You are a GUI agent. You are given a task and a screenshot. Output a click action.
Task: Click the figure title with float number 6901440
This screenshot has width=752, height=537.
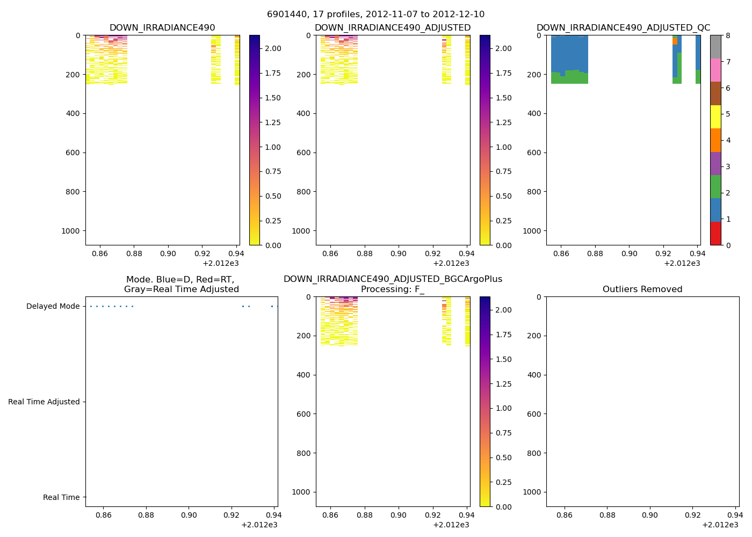[x=375, y=14]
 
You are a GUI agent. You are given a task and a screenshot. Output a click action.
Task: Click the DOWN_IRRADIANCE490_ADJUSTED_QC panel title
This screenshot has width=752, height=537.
[x=623, y=28]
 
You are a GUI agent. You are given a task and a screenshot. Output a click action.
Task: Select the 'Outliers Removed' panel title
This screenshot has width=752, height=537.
[x=642, y=289]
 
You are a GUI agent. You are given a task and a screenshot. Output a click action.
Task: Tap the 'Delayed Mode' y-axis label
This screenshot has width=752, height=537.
[x=53, y=307]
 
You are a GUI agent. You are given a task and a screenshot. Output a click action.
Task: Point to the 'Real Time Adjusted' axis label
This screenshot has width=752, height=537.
[x=44, y=402]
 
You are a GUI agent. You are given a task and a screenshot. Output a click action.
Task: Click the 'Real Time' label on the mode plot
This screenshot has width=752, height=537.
[x=61, y=497]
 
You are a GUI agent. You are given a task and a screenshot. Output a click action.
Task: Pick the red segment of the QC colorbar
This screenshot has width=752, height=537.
[x=715, y=234]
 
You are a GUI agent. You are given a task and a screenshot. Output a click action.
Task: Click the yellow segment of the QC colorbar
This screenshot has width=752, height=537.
[x=715, y=117]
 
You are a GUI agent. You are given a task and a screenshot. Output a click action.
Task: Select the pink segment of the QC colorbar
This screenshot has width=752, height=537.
[x=715, y=70]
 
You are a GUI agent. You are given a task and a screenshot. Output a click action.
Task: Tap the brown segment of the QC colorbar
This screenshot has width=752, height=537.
[x=715, y=93]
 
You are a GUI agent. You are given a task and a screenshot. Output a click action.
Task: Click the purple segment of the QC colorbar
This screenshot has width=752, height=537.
[x=715, y=163]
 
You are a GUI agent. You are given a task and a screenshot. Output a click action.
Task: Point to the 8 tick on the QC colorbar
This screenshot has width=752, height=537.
[x=728, y=35]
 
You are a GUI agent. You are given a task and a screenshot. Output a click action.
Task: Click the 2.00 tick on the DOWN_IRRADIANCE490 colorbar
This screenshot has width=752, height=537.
[x=273, y=48]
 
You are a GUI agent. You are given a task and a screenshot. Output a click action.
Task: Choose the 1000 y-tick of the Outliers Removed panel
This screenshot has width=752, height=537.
[x=531, y=492]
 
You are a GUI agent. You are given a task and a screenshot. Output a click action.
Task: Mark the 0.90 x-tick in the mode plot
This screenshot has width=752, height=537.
[x=189, y=515]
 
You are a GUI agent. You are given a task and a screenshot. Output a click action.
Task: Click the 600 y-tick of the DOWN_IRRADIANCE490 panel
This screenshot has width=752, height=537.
[x=73, y=153]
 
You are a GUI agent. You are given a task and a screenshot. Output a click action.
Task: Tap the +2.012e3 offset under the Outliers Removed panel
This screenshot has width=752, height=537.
[x=720, y=525]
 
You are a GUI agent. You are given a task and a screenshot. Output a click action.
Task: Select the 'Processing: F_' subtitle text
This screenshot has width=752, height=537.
[x=393, y=289]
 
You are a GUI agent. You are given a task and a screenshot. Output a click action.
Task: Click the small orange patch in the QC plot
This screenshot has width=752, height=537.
[x=675, y=41]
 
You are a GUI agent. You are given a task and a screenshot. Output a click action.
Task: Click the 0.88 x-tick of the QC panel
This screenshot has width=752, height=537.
[x=595, y=253]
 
